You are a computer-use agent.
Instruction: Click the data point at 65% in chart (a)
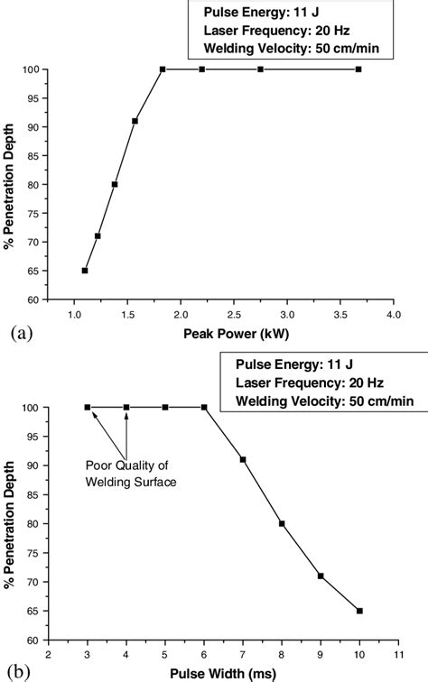(x=85, y=270)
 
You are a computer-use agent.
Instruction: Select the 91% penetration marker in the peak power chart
(x=135, y=121)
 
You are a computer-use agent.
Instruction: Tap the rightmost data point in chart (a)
(x=358, y=69)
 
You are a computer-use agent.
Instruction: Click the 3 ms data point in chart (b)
(x=88, y=408)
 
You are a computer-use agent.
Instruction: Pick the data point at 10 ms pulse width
(x=359, y=611)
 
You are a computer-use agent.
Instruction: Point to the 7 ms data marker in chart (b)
(x=243, y=460)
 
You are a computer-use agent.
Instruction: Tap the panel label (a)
(x=19, y=333)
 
